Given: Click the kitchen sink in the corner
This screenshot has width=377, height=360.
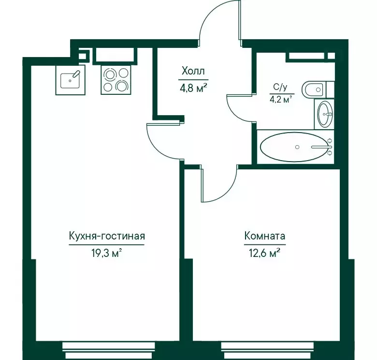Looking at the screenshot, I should (x=71, y=78).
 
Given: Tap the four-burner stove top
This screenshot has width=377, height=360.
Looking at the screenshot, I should (x=115, y=79).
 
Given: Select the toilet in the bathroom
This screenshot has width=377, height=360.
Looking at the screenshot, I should (x=317, y=90).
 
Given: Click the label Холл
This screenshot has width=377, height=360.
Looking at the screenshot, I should (x=193, y=72).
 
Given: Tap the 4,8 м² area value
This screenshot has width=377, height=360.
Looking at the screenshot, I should (x=193, y=88).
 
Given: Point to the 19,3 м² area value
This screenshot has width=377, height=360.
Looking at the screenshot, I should (x=107, y=253).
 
